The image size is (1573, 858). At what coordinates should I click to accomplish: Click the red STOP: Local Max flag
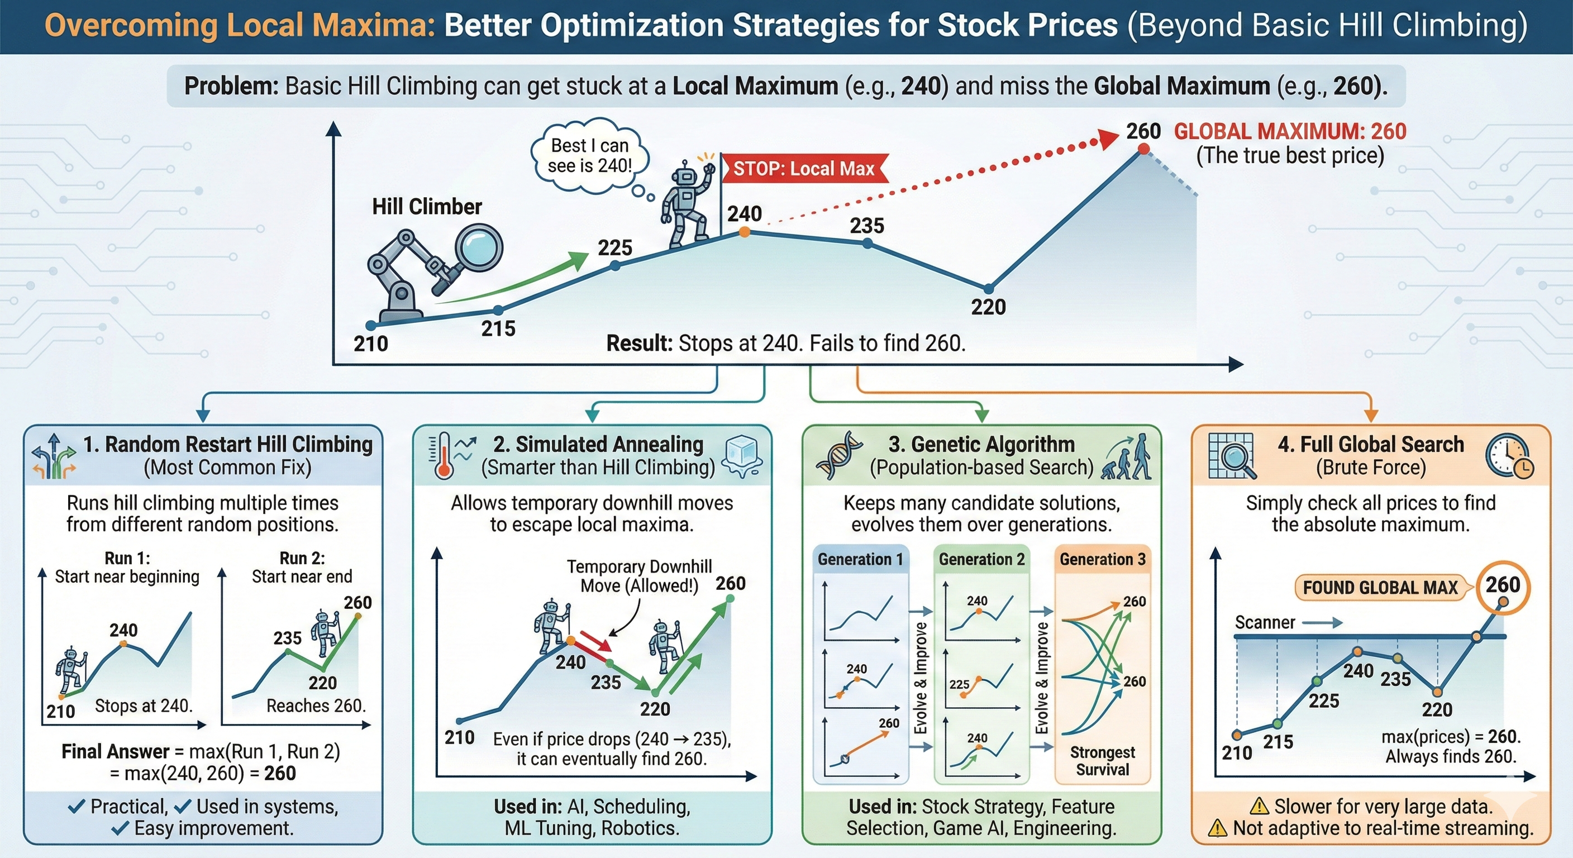point(805,168)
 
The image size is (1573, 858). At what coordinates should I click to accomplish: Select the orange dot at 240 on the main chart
point(745,232)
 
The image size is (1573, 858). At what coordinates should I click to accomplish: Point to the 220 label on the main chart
point(988,307)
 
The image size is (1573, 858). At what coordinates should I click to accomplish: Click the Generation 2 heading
point(981,559)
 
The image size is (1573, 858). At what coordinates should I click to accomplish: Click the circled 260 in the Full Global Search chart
point(1503,585)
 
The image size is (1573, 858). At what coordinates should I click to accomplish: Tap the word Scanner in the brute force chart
point(1265,622)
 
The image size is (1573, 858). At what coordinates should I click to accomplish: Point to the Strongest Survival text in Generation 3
point(1102,761)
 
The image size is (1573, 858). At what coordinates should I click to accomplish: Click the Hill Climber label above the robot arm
point(427,207)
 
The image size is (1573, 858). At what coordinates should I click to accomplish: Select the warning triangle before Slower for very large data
point(1259,807)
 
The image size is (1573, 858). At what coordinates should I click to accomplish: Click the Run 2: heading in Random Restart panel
point(302,558)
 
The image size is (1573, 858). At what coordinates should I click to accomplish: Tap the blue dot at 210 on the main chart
point(371,326)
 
